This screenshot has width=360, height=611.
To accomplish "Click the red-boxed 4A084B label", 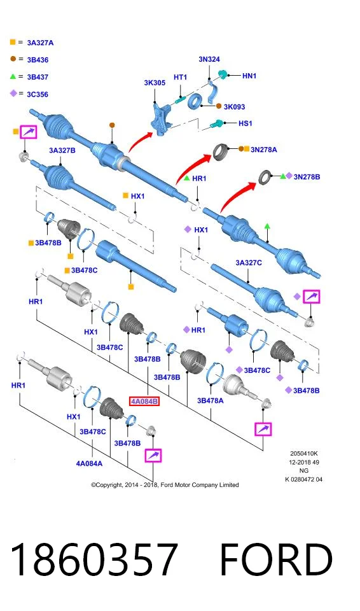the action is [x=144, y=401].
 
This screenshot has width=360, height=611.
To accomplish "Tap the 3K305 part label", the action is [x=155, y=83].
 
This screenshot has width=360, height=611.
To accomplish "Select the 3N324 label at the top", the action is [x=209, y=59].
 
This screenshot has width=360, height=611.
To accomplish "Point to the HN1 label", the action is [x=249, y=76].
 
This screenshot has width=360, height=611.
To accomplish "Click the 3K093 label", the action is [x=234, y=106].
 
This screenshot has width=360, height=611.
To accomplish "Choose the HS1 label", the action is [x=246, y=123].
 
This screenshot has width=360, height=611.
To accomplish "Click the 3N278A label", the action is [x=264, y=149].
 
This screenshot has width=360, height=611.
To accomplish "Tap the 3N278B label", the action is [x=307, y=176].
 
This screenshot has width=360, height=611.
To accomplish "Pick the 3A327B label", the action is [x=62, y=150].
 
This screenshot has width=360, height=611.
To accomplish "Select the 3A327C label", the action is [x=249, y=263].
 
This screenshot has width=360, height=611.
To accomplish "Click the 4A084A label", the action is [x=89, y=463].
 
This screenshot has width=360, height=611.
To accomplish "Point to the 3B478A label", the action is [x=211, y=400].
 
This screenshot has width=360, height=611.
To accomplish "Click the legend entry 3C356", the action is [x=38, y=94].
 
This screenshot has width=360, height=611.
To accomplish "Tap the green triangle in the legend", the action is [x=13, y=76].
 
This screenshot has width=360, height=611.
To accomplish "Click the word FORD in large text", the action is [x=277, y=559].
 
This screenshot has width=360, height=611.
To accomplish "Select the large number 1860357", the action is [x=94, y=559].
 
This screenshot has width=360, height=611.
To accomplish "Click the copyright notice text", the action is [x=165, y=485].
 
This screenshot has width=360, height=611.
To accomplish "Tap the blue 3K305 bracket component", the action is [x=162, y=118].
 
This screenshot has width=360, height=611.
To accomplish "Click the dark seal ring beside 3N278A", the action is [x=221, y=151].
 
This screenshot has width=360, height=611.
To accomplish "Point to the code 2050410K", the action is [x=304, y=453].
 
